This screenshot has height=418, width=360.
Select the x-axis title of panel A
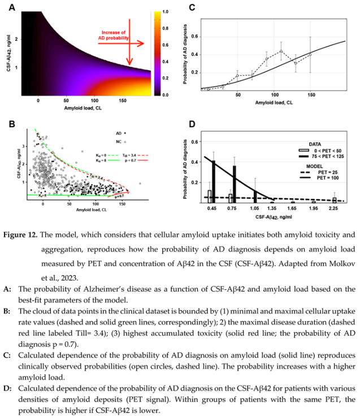(85, 106)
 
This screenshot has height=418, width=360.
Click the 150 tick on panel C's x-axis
(310, 95)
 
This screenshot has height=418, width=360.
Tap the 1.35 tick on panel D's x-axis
(272, 208)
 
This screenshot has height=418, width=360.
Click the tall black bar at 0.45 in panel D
(214, 181)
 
